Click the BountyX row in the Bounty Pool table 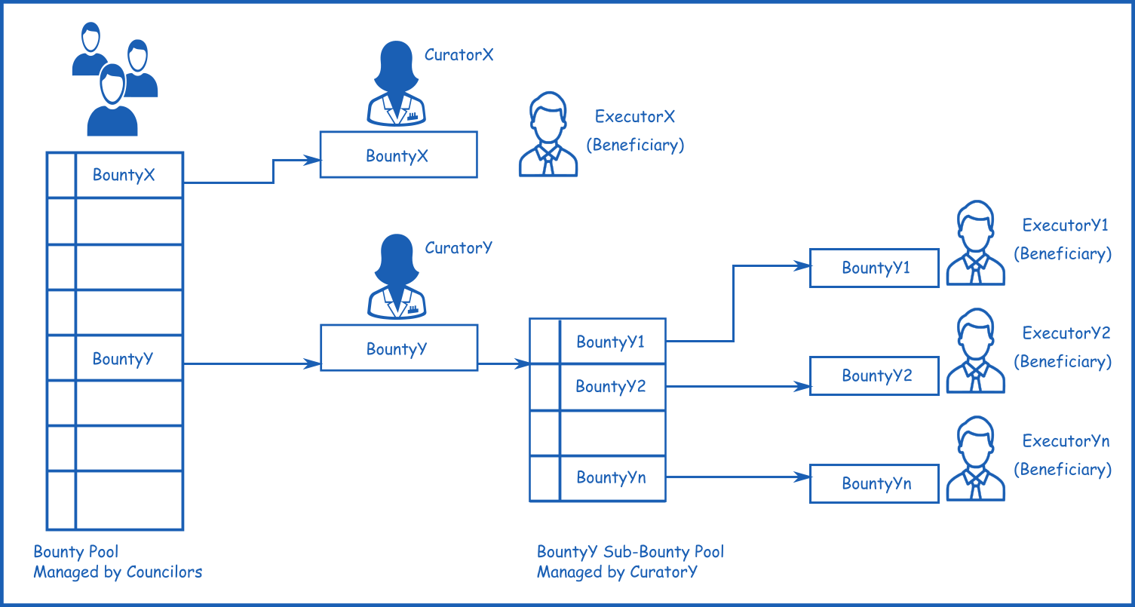(x=124, y=175)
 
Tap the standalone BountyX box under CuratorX (x=398, y=155)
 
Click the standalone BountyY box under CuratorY (x=398, y=348)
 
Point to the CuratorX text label (x=459, y=54)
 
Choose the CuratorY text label (x=459, y=247)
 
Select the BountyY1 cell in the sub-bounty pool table (x=611, y=342)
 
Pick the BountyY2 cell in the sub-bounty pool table (x=611, y=387)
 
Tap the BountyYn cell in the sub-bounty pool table (x=611, y=477)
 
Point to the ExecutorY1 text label (x=1066, y=225)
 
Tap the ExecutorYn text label (x=1066, y=441)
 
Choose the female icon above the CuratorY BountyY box (x=397, y=277)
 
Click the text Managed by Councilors (x=118, y=572)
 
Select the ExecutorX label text (x=634, y=117)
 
